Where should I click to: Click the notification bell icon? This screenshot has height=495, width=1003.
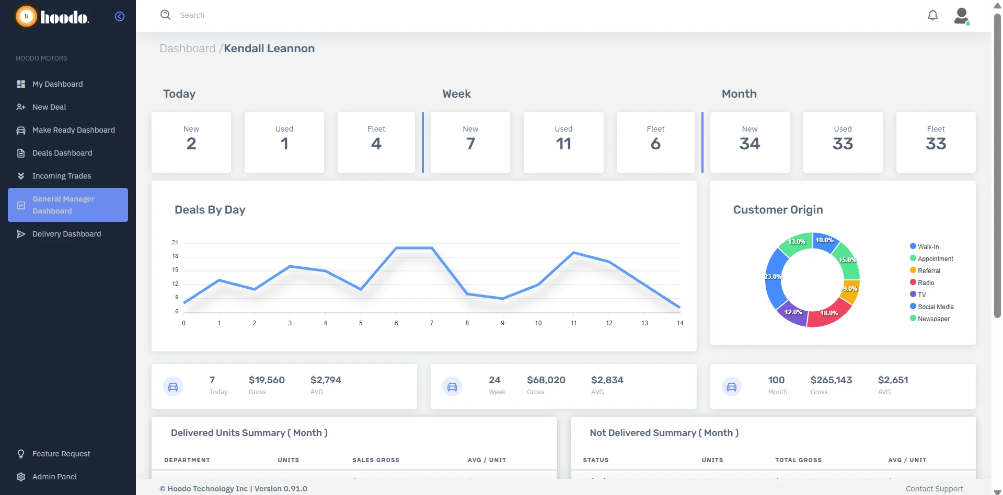click(932, 15)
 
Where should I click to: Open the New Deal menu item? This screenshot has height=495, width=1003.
click(49, 107)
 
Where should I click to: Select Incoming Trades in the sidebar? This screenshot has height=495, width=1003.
click(62, 176)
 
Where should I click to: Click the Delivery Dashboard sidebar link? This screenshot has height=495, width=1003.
click(66, 234)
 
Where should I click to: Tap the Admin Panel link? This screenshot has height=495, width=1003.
click(54, 477)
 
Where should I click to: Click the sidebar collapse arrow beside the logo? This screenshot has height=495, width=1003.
click(120, 16)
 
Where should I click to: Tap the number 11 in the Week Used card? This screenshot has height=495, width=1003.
click(563, 144)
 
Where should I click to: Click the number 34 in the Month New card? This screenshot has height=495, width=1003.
click(750, 144)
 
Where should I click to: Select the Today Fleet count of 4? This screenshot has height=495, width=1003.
click(376, 144)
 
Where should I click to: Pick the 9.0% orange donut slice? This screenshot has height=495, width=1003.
click(850, 289)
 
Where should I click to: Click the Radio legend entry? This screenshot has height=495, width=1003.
click(926, 283)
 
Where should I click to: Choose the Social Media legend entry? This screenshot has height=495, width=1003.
click(935, 307)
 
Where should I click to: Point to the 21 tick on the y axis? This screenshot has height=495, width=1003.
click(175, 242)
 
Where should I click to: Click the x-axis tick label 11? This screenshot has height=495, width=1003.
click(573, 323)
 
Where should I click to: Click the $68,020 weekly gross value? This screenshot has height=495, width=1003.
click(546, 380)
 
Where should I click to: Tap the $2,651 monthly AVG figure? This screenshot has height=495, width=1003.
click(893, 380)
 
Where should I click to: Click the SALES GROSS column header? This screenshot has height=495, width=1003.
click(375, 460)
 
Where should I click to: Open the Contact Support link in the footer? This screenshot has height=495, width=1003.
click(934, 489)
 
